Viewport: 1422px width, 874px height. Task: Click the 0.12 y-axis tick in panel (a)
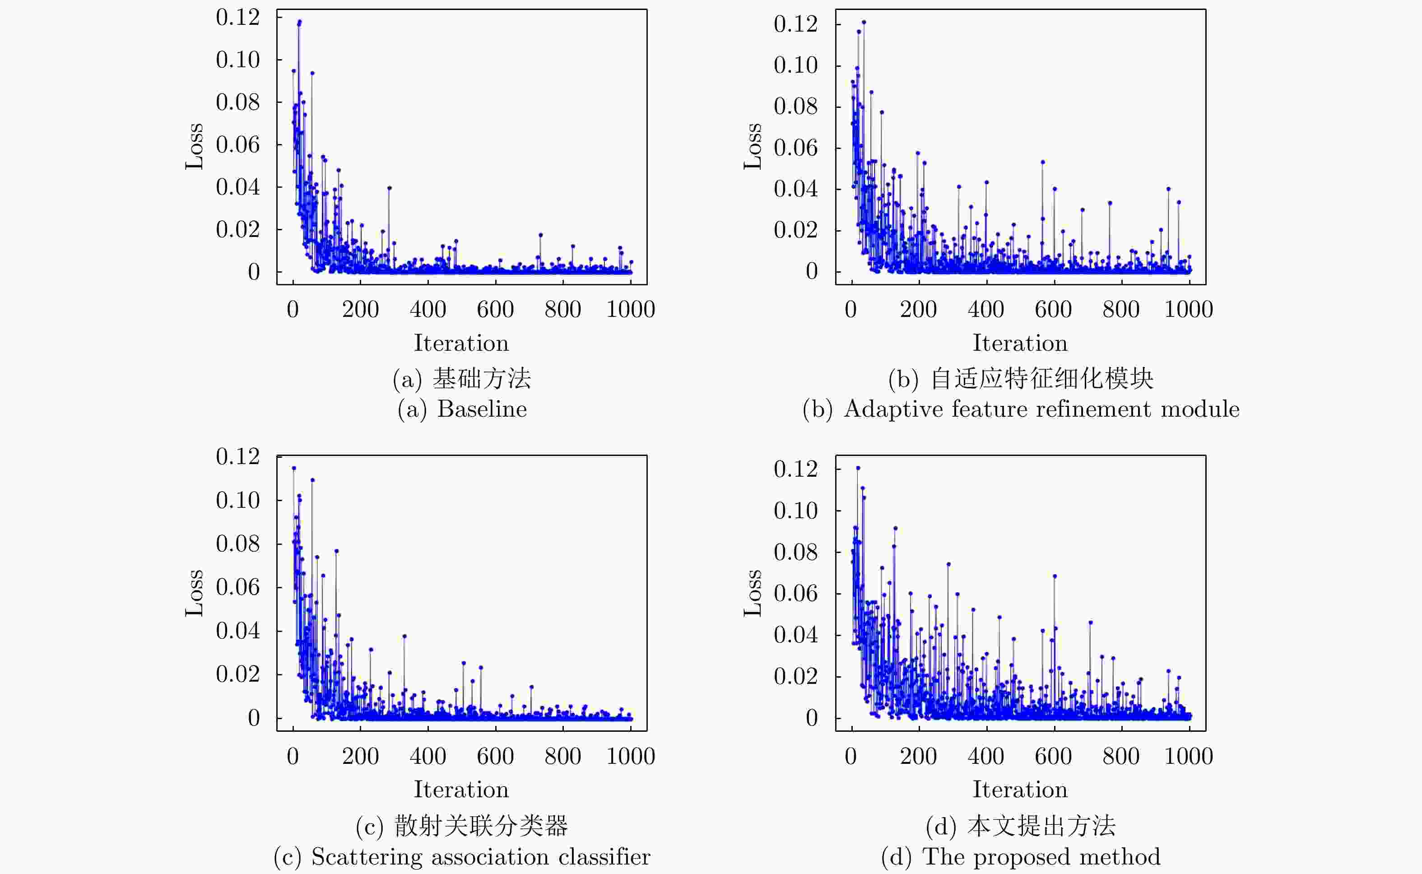237,17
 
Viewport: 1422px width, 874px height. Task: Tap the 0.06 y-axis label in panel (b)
795,148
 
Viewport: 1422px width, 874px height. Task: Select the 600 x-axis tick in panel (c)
495,756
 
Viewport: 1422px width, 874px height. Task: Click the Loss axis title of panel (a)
194,146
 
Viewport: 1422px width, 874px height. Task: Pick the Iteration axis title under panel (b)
1020,344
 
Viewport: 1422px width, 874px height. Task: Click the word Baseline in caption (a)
482,409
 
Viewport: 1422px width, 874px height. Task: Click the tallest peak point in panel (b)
864,22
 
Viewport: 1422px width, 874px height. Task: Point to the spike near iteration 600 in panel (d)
1055,576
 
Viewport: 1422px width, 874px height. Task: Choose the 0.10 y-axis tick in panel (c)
237,500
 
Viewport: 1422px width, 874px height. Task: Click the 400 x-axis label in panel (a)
428,310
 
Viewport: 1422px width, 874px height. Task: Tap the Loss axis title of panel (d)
753,593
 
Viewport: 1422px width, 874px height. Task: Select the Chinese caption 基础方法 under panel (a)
482,379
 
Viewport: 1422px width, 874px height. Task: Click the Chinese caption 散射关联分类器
481,825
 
